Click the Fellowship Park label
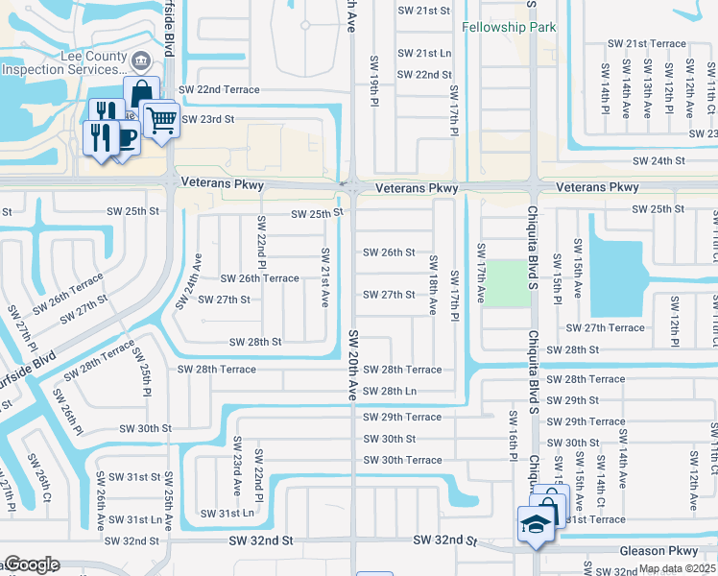[508, 28]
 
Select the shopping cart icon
[161, 120]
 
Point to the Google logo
[32, 565]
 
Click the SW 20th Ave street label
[353, 366]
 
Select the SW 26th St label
[389, 252]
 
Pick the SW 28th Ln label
[390, 391]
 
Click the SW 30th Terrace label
[401, 460]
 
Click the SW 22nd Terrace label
[218, 89]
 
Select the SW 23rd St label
[208, 118]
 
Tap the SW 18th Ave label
[433, 284]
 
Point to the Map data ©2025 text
[677, 568]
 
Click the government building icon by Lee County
[141, 62]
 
